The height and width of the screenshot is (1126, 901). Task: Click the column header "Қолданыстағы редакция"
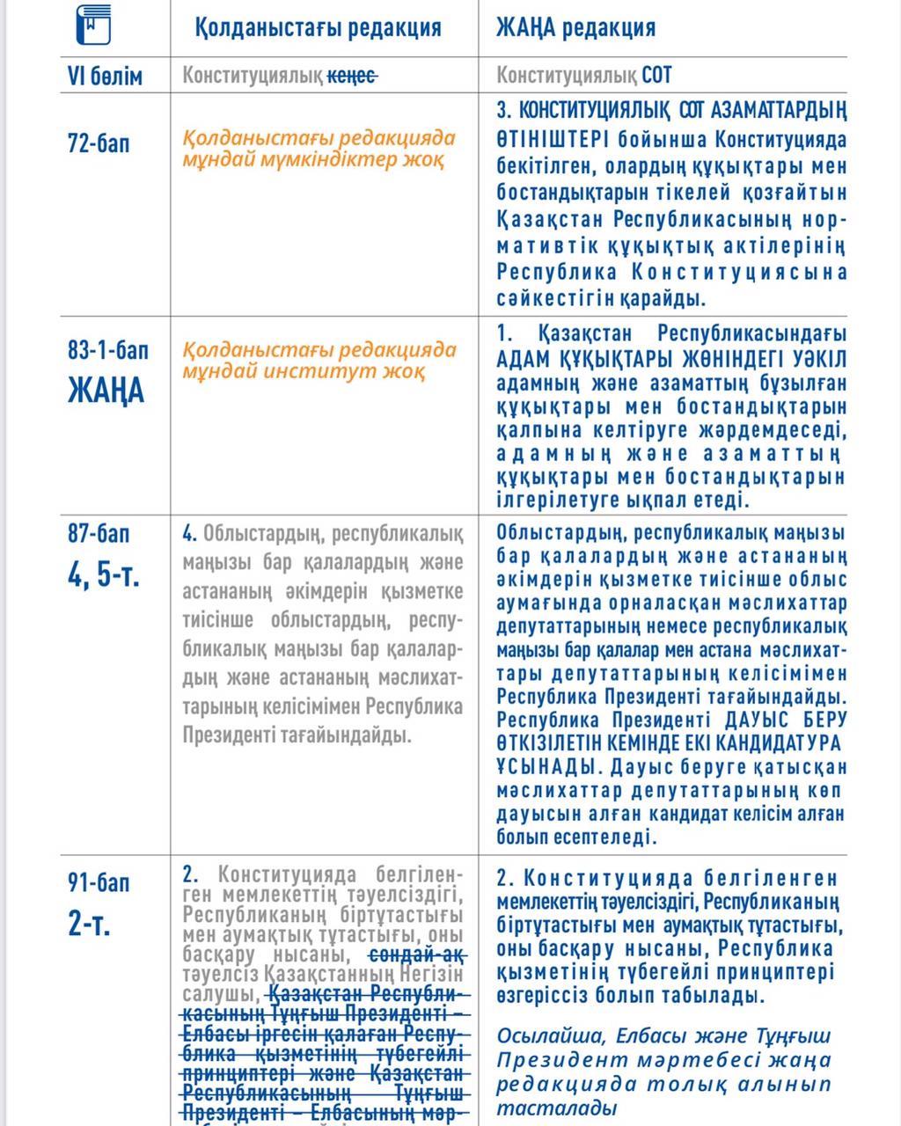click(x=318, y=27)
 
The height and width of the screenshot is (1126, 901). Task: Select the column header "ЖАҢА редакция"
click(x=575, y=27)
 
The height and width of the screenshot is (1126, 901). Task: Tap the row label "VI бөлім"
click(x=105, y=77)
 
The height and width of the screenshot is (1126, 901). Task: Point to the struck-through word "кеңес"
click(x=353, y=77)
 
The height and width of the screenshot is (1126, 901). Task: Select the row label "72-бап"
click(x=99, y=143)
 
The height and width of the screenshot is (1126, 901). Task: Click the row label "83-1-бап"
click(x=108, y=350)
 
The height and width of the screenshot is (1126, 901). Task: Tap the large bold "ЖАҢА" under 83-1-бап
click(x=106, y=390)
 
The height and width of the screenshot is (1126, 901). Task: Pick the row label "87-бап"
click(x=99, y=533)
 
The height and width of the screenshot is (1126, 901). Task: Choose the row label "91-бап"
click(x=99, y=882)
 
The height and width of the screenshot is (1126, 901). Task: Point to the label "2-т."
click(x=90, y=924)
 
